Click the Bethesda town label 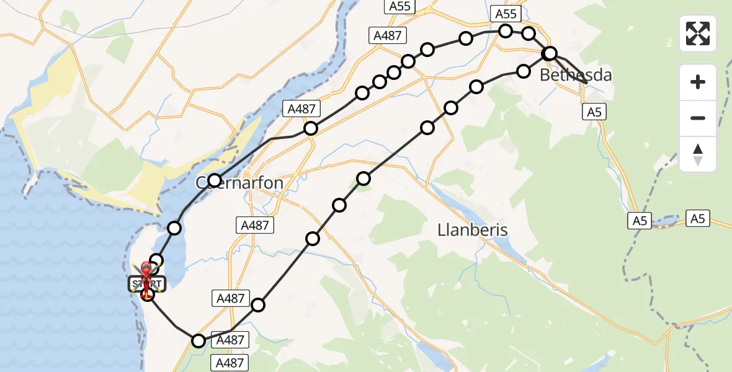[576, 76]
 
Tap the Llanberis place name [473, 230]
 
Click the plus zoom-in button [698, 82]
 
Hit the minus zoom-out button [698, 118]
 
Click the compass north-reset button [698, 154]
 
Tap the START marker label [147, 285]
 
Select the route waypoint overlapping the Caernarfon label [215, 181]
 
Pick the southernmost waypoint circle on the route [198, 341]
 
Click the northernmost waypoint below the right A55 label [506, 30]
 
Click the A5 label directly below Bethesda [594, 112]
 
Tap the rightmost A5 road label [698, 218]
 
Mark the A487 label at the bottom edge [230, 363]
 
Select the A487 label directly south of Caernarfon [255, 226]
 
